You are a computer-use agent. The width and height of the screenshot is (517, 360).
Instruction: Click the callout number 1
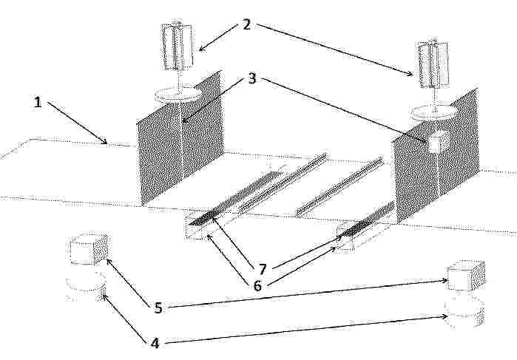click(x=38, y=102)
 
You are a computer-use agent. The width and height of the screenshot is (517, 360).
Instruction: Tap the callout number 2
click(x=246, y=24)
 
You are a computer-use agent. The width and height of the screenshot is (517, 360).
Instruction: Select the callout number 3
click(x=252, y=79)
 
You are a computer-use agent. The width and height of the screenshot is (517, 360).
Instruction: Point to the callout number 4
click(x=155, y=343)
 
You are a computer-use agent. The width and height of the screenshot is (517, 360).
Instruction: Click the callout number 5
click(x=158, y=308)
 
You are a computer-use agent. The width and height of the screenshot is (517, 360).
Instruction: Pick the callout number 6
click(x=257, y=285)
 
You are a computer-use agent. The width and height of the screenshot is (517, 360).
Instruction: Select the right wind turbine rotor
click(x=433, y=64)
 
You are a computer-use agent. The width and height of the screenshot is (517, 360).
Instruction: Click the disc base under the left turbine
click(x=178, y=95)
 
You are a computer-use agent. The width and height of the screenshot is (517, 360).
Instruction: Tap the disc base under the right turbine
click(x=435, y=113)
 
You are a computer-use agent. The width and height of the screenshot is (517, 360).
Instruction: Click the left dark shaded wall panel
click(x=180, y=139)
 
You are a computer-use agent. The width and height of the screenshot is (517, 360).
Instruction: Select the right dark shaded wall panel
click(x=435, y=155)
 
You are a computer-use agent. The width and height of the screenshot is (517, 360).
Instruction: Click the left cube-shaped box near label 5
click(x=89, y=249)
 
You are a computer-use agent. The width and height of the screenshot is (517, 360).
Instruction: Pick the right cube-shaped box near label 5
click(x=466, y=276)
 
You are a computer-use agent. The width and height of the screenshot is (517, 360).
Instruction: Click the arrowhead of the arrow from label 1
click(x=104, y=141)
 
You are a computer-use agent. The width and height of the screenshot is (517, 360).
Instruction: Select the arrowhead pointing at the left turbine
click(x=201, y=49)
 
